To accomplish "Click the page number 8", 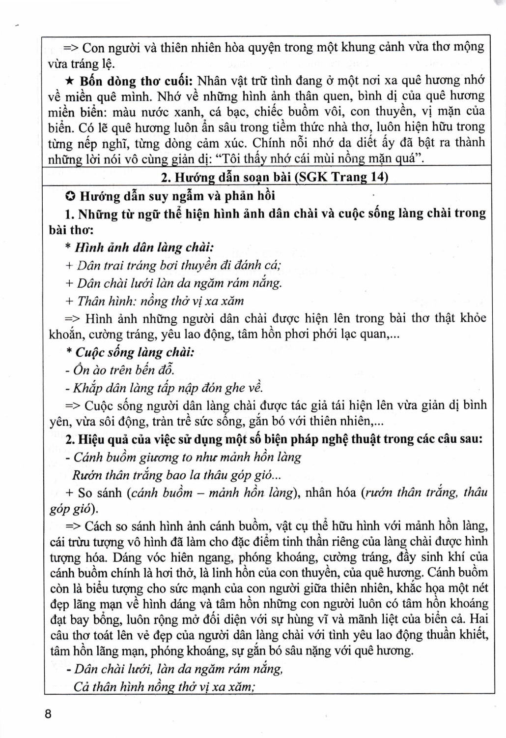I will tap(48, 714).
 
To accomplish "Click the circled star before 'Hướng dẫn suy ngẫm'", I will tap(70, 196).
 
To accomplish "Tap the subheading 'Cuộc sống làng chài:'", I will tap(133, 352).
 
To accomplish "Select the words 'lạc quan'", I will tap(364, 335).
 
